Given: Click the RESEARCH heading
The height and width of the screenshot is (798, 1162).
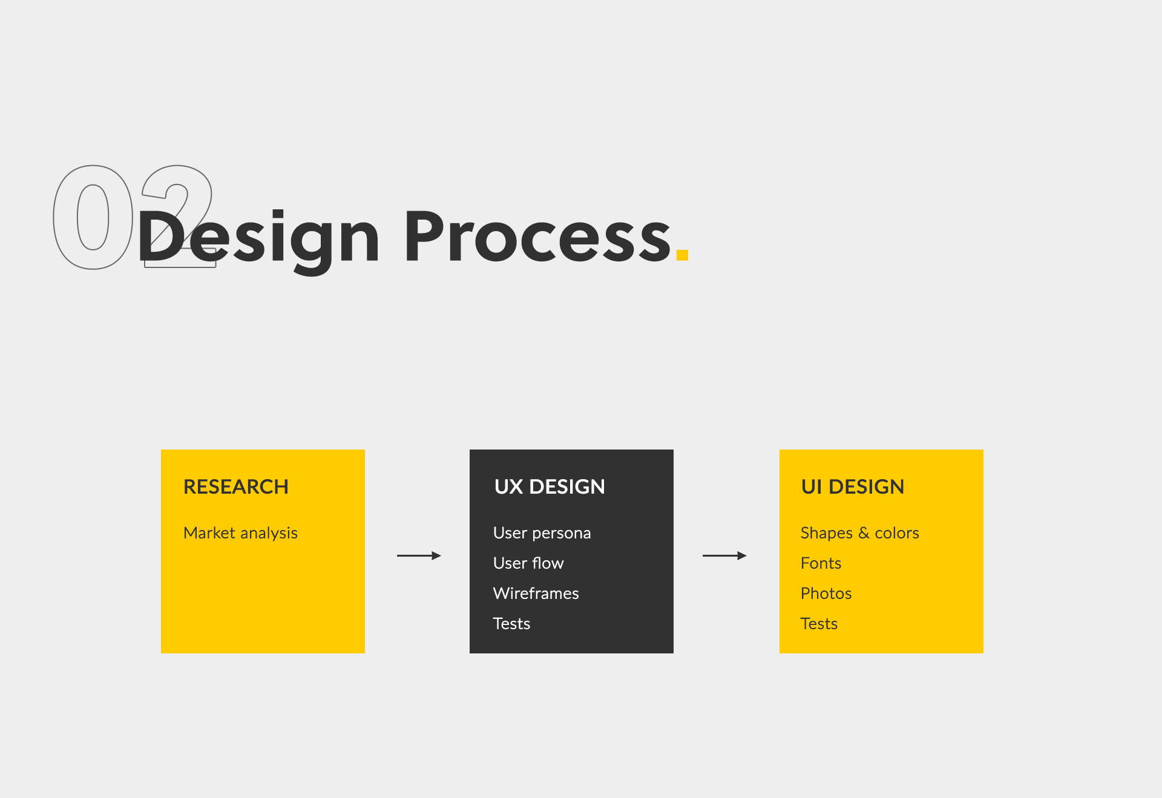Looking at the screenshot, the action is [236, 487].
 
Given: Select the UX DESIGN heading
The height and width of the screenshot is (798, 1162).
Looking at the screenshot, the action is [550, 487].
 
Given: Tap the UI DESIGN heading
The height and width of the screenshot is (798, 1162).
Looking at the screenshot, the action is [853, 487].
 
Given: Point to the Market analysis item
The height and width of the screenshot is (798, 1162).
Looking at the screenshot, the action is [240, 533].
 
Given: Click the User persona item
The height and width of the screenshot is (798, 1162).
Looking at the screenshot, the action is [542, 533].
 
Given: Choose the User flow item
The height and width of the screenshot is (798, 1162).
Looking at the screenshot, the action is [528, 563].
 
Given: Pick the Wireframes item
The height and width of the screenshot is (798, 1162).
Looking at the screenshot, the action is [536, 594].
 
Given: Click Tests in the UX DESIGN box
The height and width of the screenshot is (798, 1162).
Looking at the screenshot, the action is [511, 624].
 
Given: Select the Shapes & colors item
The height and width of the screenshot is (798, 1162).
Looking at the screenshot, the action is [859, 533].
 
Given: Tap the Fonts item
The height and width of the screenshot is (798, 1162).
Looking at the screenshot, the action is [821, 563].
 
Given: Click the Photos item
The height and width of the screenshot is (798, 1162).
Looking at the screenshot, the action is [826, 594].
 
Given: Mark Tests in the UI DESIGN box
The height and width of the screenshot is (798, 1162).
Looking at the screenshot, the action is [819, 624].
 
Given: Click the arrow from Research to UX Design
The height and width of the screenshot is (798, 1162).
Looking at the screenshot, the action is [419, 555].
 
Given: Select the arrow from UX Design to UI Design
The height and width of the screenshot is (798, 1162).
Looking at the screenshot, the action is [724, 555].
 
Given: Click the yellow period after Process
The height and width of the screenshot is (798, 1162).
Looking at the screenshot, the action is [683, 255].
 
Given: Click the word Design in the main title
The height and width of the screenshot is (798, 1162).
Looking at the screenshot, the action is [258, 241].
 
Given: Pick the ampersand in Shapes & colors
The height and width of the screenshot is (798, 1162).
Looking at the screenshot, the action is [864, 533].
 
